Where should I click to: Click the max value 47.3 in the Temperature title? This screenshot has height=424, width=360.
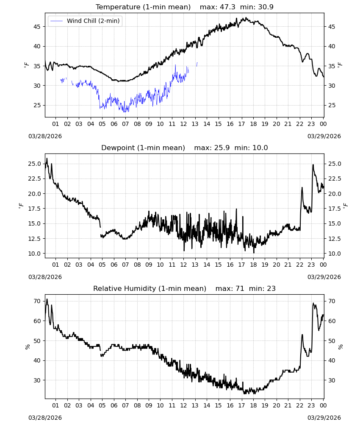pyautogui.click(x=227, y=7)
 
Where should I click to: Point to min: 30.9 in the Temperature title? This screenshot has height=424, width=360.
pyautogui.click(x=257, y=7)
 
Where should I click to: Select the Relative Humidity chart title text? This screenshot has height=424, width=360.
pyautogui.click(x=150, y=288)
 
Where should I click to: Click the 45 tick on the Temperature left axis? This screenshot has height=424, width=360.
pyautogui.click(x=37, y=27)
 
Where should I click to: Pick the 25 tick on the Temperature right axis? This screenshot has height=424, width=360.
pyautogui.click(x=332, y=105)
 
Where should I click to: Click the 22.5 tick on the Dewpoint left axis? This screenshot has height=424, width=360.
pyautogui.click(x=35, y=179)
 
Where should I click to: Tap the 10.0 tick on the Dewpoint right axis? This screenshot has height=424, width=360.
pyautogui.click(x=334, y=254)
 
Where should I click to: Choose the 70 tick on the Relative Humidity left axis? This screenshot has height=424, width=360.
pyautogui.click(x=37, y=301)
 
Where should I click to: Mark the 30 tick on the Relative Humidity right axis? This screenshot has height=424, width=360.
pyautogui.click(x=332, y=380)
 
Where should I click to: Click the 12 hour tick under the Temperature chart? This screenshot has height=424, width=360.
pyautogui.click(x=183, y=124)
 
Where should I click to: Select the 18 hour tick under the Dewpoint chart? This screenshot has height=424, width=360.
pyautogui.click(x=253, y=265)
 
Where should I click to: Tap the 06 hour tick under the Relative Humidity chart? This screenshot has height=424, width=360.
pyautogui.click(x=114, y=405)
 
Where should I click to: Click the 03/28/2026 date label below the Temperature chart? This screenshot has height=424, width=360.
pyautogui.click(x=45, y=136)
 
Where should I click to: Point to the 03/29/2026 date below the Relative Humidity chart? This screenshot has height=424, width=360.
pyautogui.click(x=324, y=418)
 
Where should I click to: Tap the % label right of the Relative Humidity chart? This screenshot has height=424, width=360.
pyautogui.click(x=340, y=347)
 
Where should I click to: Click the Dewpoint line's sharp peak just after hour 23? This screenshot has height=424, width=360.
pyautogui.click(x=313, y=165)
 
